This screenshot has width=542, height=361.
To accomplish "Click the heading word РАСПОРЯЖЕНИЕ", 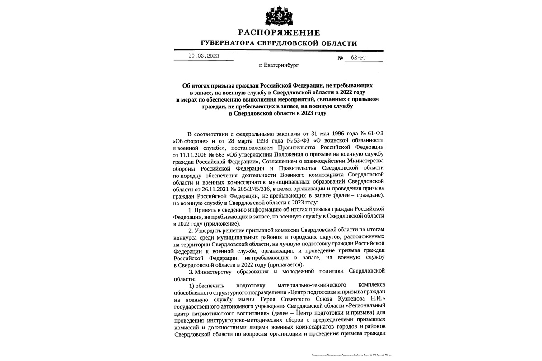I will tap(279, 32).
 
